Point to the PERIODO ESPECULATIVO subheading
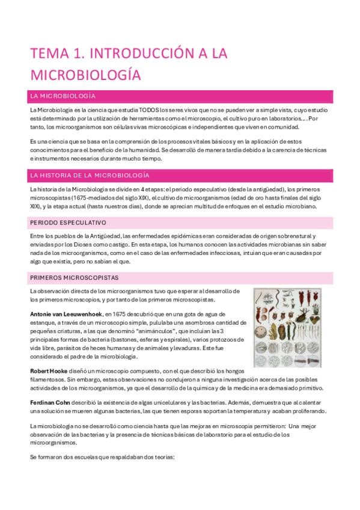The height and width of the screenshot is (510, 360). click(x=67, y=223)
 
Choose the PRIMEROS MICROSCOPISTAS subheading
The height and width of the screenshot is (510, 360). click(x=74, y=278)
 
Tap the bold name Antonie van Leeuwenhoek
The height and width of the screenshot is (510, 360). click(x=66, y=314)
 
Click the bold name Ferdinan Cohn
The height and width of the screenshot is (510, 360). click(x=52, y=402)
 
